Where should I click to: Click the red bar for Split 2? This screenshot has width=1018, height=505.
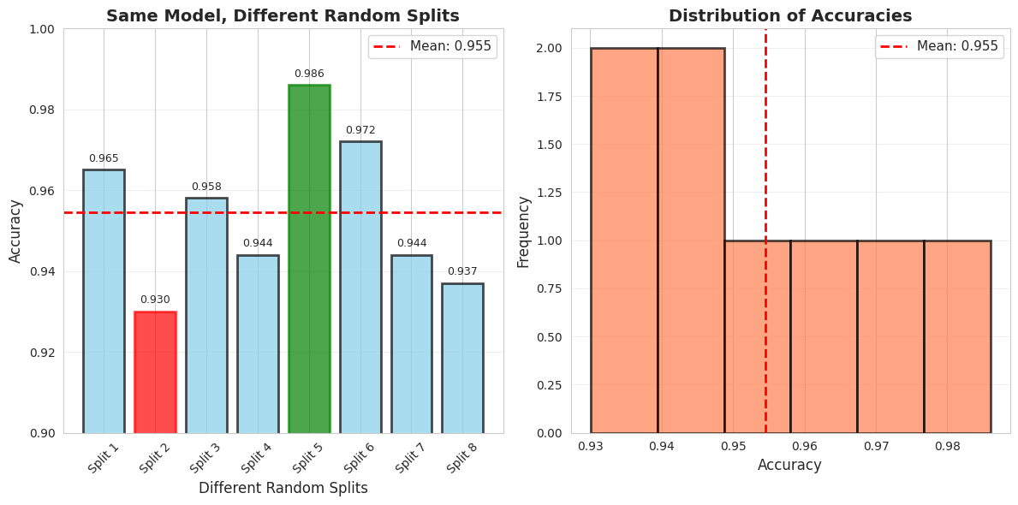(155, 372)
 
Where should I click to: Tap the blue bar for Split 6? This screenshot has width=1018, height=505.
(360, 287)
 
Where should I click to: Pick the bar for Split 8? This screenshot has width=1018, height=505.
(462, 358)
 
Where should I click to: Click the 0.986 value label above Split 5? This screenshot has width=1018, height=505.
(309, 74)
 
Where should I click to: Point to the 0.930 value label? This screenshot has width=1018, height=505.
(155, 300)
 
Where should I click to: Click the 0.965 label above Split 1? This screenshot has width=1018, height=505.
(104, 158)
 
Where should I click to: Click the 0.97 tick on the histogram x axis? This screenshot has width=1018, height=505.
(876, 446)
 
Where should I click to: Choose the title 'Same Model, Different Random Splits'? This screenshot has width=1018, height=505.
(283, 16)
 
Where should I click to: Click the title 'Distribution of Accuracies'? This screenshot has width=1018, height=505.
(790, 16)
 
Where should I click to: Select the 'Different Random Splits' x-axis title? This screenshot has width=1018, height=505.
(283, 488)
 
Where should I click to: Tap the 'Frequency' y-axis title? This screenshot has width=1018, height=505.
(524, 231)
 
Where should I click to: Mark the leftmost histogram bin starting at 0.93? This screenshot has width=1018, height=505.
(624, 241)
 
